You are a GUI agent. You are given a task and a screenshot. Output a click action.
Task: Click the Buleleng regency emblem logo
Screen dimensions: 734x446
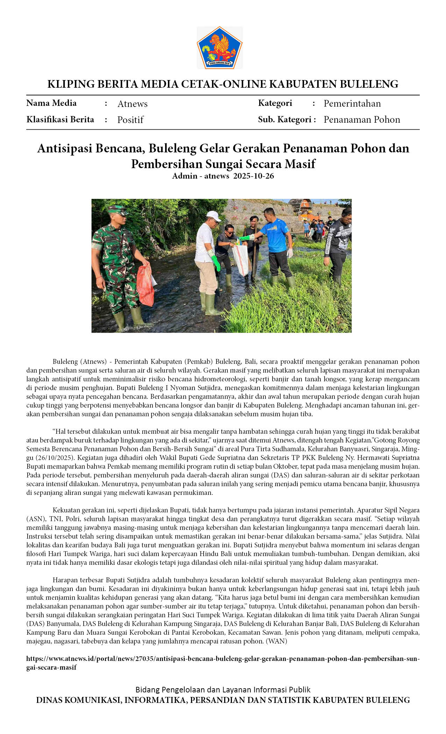pos(219,48)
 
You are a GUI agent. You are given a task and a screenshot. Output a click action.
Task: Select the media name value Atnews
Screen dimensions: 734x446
pos(132,104)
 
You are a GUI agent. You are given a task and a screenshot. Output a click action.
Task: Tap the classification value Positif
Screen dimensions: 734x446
pos(130,120)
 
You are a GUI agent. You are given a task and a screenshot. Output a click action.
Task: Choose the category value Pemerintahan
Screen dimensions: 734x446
pos(352,103)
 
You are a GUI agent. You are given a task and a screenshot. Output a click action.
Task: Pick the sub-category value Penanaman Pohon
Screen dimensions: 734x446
pos(362,120)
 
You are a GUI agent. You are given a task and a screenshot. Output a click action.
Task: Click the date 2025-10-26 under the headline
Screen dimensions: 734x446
pos(254,176)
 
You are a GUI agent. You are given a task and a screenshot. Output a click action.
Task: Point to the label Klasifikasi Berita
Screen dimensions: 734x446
pos(60,120)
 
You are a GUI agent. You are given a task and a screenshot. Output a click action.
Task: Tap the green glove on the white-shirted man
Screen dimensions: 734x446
pos(215,262)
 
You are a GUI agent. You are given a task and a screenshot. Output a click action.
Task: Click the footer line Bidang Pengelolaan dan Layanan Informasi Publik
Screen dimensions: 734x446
pos(223,689)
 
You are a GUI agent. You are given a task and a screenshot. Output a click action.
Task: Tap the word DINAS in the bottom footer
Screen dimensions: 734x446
pos(49,700)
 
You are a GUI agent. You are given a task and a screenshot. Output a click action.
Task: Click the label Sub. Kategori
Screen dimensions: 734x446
pos(285,120)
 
